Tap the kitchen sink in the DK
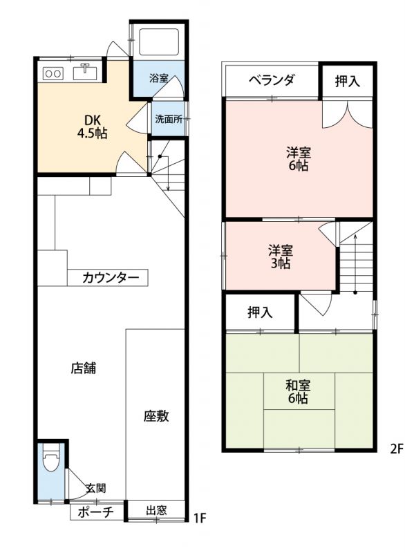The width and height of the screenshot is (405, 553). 85,72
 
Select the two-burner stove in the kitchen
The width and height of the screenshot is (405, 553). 53,73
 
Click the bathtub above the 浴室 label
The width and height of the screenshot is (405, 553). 159,42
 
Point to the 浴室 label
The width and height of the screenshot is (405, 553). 159,78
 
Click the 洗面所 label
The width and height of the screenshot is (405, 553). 169,119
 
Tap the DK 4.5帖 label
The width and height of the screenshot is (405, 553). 93,126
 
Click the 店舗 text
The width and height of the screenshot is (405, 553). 84,368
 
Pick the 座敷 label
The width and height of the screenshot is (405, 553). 156,416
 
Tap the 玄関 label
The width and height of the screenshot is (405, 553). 96,488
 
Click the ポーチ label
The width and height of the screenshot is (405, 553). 95,512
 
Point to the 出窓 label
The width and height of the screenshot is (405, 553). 156,510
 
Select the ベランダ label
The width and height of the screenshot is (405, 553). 271,80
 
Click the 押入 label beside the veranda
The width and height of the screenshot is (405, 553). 348,81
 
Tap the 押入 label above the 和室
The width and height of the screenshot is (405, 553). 260,312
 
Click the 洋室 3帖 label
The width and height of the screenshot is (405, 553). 281,256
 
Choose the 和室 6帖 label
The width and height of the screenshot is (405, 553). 298,391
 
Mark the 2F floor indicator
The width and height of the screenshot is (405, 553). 396,449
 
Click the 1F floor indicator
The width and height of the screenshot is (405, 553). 200,518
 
